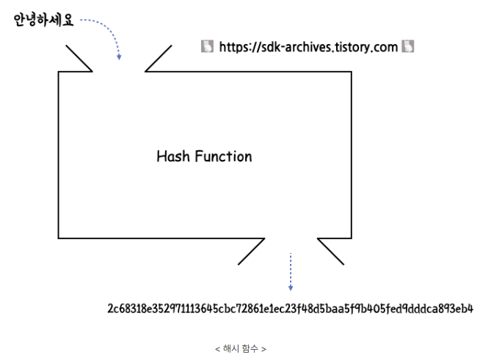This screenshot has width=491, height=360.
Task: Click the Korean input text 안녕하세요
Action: point(43,20)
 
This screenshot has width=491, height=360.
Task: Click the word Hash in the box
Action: point(173,156)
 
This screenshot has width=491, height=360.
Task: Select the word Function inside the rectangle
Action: point(224,156)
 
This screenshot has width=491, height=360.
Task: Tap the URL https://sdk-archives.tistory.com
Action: point(308,47)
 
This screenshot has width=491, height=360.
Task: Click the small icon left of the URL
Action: point(207,46)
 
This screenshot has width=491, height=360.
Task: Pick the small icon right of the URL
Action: point(408,46)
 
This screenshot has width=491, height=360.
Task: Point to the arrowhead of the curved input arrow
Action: point(119,57)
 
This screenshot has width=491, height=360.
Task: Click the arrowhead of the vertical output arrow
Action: point(291,287)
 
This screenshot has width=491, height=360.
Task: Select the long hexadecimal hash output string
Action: point(291,309)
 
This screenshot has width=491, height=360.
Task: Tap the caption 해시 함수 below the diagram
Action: point(241,348)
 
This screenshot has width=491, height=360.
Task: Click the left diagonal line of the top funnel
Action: point(79,59)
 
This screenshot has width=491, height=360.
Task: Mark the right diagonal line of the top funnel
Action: point(159,59)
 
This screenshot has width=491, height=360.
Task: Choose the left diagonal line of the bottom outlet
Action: point(252,251)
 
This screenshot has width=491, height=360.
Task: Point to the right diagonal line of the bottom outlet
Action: point(331,251)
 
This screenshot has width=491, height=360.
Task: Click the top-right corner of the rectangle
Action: point(352,72)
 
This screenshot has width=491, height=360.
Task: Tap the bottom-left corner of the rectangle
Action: point(58,238)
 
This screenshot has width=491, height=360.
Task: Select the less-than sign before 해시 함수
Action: point(218,349)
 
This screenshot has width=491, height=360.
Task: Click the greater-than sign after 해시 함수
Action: point(263,349)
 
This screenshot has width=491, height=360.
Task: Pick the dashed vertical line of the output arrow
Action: point(291,268)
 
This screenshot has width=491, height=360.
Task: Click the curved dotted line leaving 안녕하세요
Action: point(106,26)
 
